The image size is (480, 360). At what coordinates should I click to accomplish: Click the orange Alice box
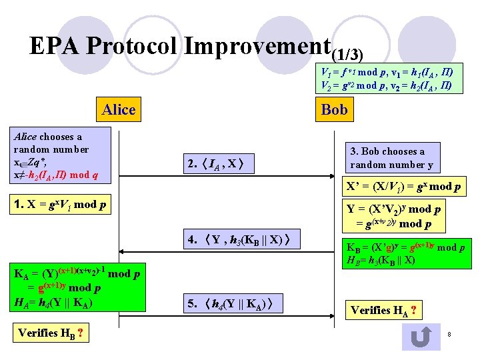(x=119, y=109)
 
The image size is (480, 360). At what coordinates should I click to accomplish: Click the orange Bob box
(x=334, y=109)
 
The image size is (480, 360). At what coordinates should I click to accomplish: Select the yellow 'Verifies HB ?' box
(x=51, y=333)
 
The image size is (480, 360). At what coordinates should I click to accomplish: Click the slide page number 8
(x=450, y=333)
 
